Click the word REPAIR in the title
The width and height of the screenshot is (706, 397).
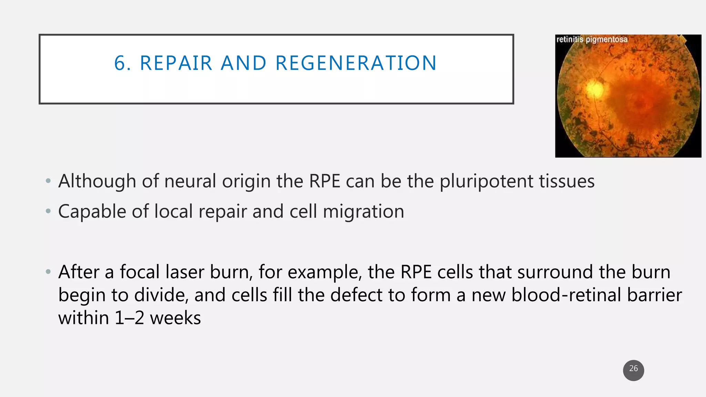[176, 63]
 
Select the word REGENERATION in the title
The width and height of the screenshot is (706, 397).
[356, 63]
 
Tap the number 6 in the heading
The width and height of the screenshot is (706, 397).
[120, 63]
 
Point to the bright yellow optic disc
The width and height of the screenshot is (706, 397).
[595, 89]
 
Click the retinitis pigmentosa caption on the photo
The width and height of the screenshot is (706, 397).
[592, 39]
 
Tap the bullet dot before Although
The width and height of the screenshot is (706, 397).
[48, 181]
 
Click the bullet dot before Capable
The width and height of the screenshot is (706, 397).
[48, 211]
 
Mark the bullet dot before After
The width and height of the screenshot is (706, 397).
[48, 272]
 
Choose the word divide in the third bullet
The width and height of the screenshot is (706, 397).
[161, 295]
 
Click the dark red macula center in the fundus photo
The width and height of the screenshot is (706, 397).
[641, 103]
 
